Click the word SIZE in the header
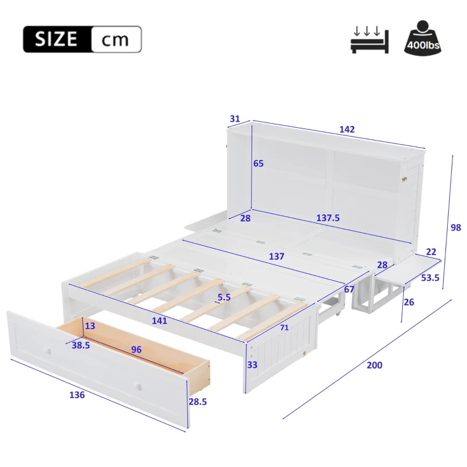(x=56, y=40)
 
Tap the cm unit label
(x=116, y=40)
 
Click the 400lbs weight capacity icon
(x=422, y=39)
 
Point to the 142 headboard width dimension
(x=347, y=129)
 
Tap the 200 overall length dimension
(x=374, y=365)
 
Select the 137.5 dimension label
(x=327, y=218)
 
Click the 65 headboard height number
(x=258, y=163)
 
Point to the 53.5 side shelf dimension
(x=430, y=277)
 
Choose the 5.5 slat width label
(x=223, y=297)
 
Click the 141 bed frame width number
(x=159, y=320)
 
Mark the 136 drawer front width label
(x=76, y=395)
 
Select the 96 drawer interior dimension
(x=137, y=350)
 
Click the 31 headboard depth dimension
(x=235, y=119)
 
